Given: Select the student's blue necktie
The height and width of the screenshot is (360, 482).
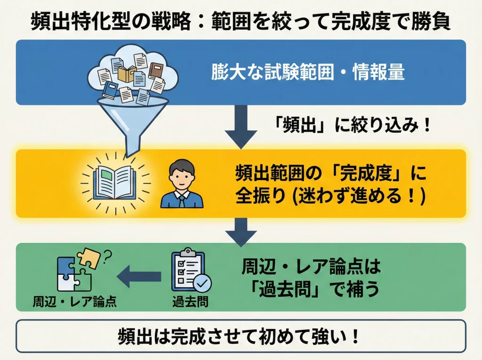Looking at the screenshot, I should [x=182, y=200].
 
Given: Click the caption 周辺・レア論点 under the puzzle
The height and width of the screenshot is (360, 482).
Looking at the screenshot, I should [x=75, y=301].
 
